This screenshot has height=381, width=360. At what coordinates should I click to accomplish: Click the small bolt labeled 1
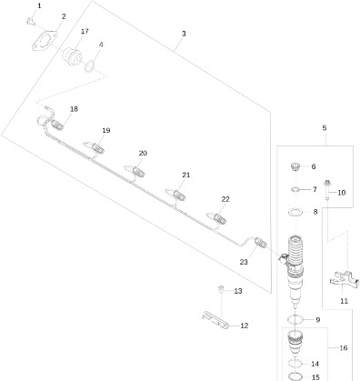click(x=30, y=21)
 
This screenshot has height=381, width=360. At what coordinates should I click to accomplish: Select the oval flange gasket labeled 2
click(x=45, y=41)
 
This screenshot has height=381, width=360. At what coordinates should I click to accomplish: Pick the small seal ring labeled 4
click(x=90, y=66)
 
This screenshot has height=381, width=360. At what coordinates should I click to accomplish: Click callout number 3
click(x=184, y=34)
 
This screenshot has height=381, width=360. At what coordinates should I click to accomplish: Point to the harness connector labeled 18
click(x=56, y=125)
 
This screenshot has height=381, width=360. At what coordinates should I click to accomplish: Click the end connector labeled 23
click(x=261, y=242)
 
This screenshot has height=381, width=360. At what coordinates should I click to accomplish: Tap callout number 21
click(x=185, y=175)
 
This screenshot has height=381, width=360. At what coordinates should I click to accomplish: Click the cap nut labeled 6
click(x=295, y=166)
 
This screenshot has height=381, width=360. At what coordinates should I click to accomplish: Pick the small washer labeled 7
click(x=295, y=190)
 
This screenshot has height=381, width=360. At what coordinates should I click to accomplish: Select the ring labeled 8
click(x=295, y=212)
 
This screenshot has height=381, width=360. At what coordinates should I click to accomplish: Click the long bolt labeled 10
click(x=327, y=190)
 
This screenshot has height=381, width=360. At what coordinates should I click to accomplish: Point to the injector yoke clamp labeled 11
click(x=345, y=280)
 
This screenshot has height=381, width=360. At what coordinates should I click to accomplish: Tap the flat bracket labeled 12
click(x=215, y=321)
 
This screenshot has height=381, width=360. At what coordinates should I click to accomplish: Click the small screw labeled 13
click(x=221, y=288)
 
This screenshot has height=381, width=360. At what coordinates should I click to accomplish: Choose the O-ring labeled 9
click(x=295, y=319)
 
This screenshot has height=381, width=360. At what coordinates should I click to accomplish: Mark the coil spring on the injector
click(x=295, y=249)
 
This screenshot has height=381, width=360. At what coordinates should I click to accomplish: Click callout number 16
click(x=343, y=347)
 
